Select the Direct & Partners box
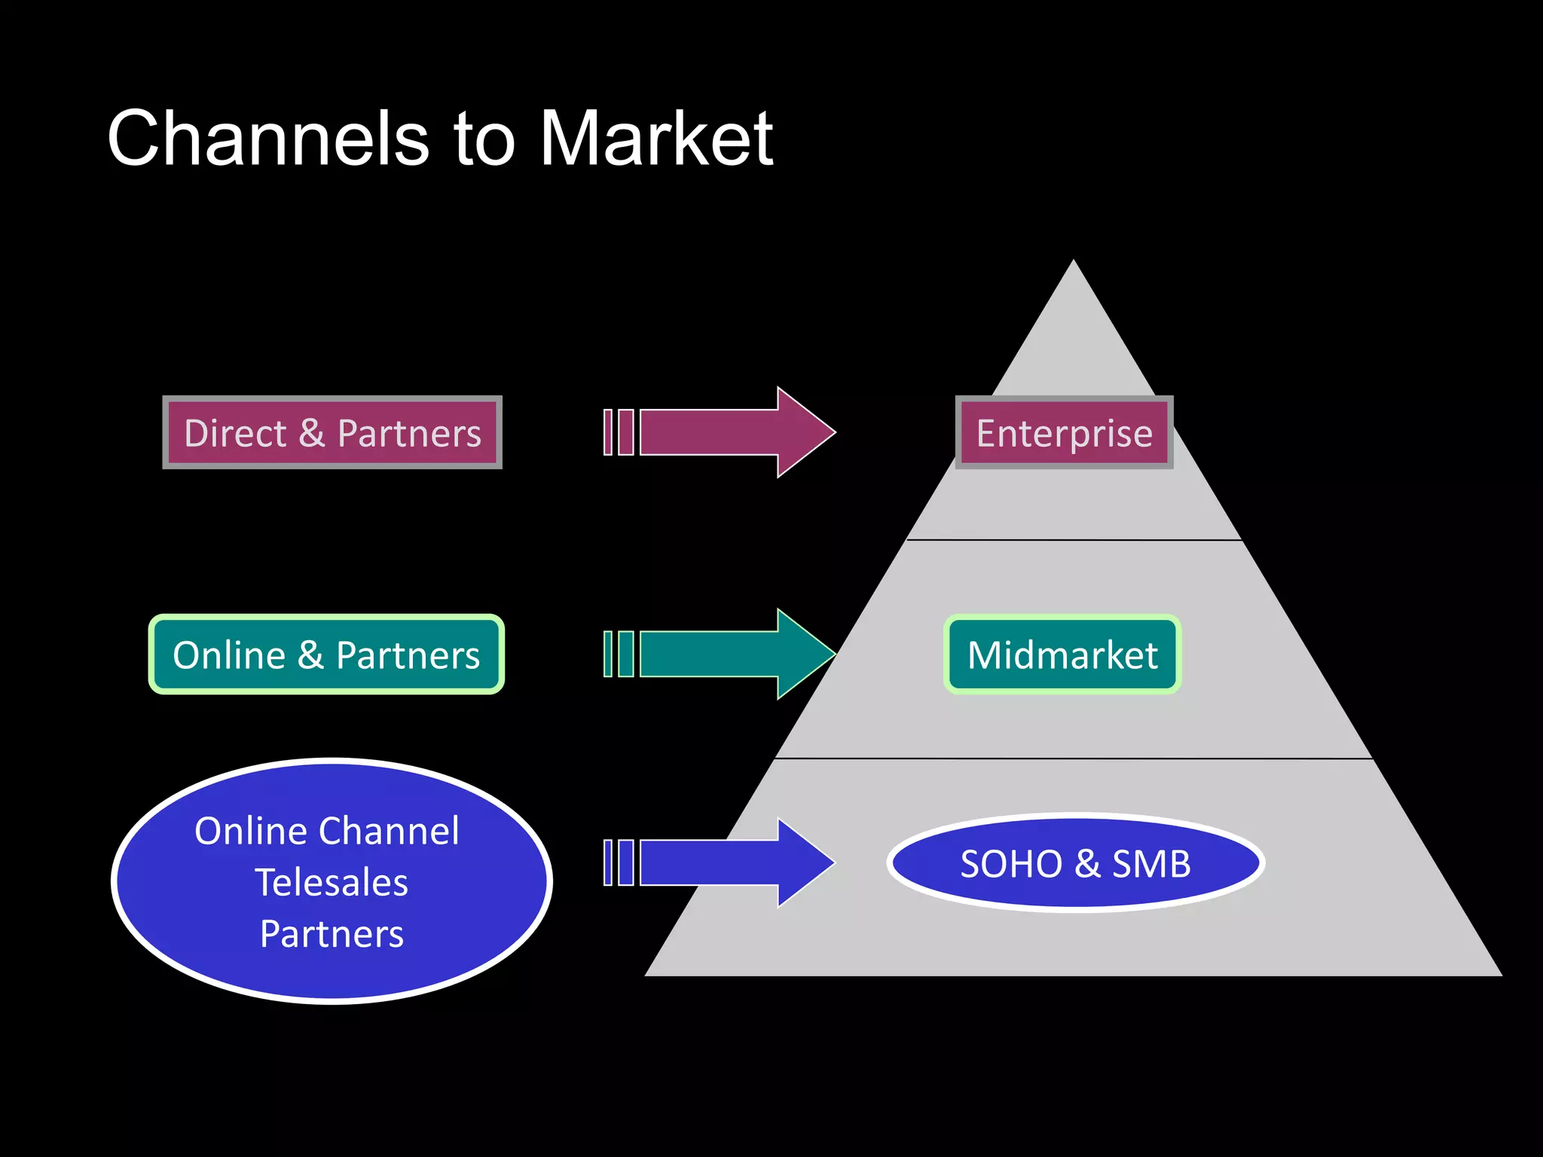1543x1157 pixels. [332, 433]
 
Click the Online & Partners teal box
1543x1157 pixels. [326, 655]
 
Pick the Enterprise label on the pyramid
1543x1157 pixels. [1064, 433]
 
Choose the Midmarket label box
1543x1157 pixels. [1062, 655]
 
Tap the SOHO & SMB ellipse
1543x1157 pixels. [1075, 863]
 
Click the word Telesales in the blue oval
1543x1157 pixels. [332, 882]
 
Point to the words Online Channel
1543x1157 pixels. [326, 831]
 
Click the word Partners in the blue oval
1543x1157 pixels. [332, 934]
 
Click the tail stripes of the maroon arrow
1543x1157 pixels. [619, 432]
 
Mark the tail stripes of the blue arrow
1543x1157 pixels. [619, 862]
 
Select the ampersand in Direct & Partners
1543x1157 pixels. [311, 433]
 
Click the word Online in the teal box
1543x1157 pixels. [229, 655]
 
